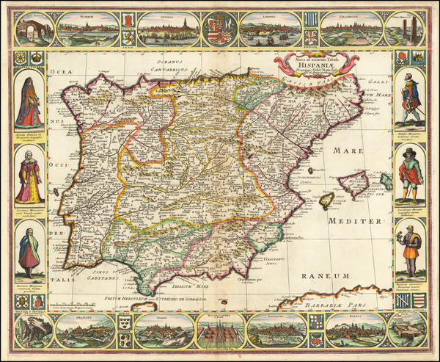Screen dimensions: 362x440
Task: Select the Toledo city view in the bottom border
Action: pyautogui.click(x=162, y=332)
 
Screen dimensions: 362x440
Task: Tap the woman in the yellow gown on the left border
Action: pyautogui.click(x=29, y=178)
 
